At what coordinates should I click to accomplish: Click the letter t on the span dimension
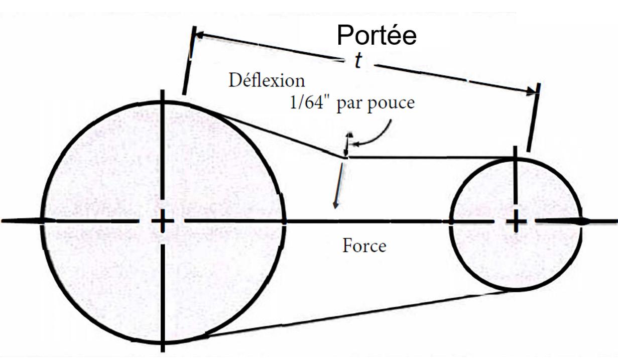(x=358, y=61)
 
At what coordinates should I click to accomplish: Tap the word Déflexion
(x=267, y=81)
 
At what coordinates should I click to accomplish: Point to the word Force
(x=364, y=246)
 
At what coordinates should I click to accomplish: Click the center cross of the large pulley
(x=162, y=221)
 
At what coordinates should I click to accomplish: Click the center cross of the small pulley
(x=516, y=221)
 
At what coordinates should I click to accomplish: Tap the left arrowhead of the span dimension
(x=199, y=36)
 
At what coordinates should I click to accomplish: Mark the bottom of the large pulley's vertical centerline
(x=163, y=350)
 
